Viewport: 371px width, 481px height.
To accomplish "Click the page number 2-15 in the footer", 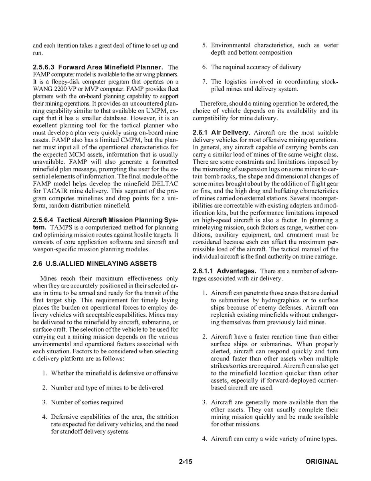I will [186, 462].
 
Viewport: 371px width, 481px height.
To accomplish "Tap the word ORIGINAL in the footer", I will [321, 462].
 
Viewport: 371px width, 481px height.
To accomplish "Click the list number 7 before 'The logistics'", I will [204, 82].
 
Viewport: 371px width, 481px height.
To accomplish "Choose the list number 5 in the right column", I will [204, 45].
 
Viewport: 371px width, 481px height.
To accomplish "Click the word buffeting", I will [294, 191].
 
